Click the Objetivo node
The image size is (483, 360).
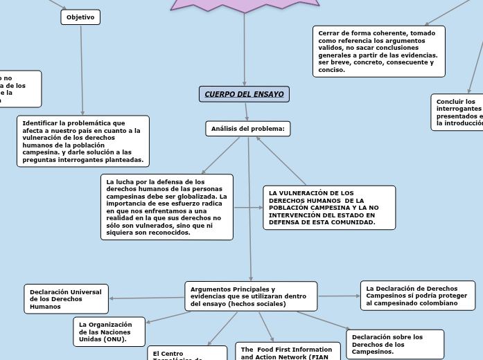coord(80,17)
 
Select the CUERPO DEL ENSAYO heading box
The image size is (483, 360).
coord(244,94)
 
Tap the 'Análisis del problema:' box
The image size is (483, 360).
coord(247,129)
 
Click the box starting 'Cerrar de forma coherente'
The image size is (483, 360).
coord(378,51)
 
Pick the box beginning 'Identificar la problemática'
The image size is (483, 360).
coord(83,141)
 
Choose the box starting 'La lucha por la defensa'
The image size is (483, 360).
coord(166,207)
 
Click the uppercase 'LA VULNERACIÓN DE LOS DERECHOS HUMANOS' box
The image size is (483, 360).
coord(328,208)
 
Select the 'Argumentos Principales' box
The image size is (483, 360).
coord(251,296)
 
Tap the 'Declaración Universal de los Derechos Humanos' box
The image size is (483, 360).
coord(67,299)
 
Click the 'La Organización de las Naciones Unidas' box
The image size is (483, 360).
coord(109,332)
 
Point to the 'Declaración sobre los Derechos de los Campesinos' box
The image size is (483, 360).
coord(394,344)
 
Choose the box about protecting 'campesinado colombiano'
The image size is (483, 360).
coord(417,296)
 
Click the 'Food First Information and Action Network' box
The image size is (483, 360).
coord(287,352)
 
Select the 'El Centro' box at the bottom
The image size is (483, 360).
coord(186,354)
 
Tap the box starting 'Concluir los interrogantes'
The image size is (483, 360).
coord(457,112)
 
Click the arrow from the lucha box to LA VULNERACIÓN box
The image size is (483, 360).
coord(248,207)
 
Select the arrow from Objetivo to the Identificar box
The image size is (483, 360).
coord(82,69)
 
